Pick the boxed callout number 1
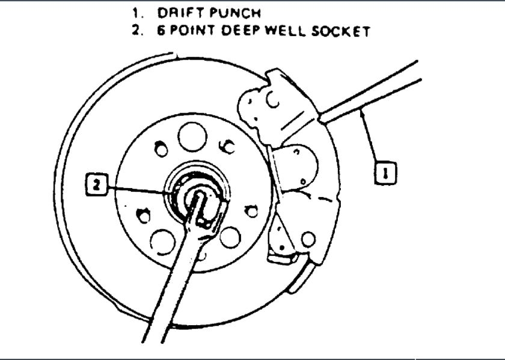[x=385, y=174]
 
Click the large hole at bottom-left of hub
[x=162, y=240]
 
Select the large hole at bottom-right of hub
[x=230, y=236]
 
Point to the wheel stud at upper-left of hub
[x=161, y=149]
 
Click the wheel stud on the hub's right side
[x=252, y=210]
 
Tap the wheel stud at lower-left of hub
[x=144, y=215]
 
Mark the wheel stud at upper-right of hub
[x=227, y=146]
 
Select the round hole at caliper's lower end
[x=308, y=239]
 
